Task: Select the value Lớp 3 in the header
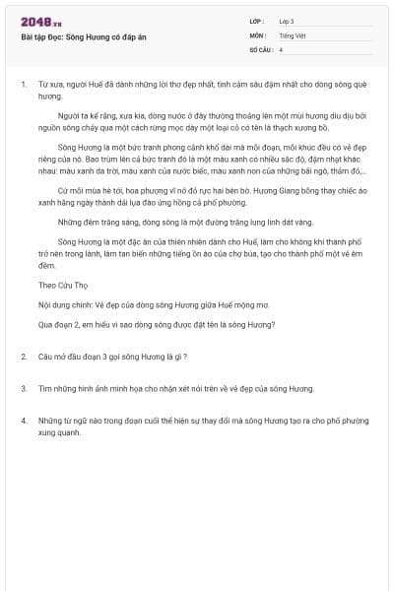coord(286,21)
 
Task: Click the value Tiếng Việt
coord(292,34)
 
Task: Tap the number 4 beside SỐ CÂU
coord(281,48)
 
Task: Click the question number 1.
coord(24,86)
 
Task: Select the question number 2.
coord(24,356)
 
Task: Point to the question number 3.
coord(24,388)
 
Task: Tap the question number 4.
coord(24,421)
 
